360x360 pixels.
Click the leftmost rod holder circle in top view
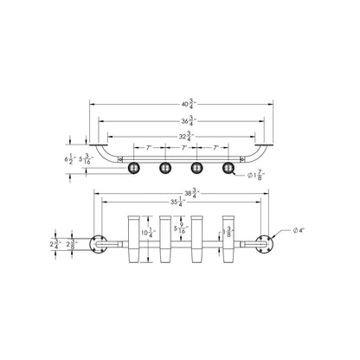click(x=134, y=167)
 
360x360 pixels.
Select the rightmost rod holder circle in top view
click(x=228, y=167)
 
